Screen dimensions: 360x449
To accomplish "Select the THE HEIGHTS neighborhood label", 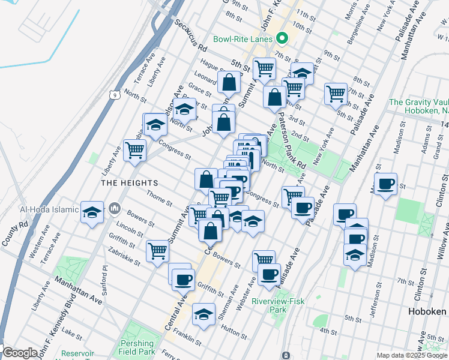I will [130, 182].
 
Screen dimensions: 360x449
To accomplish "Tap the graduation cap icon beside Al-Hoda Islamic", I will [92, 212].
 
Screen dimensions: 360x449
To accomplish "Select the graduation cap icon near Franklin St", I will [203, 314].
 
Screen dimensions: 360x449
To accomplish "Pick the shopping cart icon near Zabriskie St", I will [157, 250].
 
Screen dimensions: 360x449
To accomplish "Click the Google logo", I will [19, 353].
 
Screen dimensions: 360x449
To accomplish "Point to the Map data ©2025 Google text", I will [411, 355].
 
